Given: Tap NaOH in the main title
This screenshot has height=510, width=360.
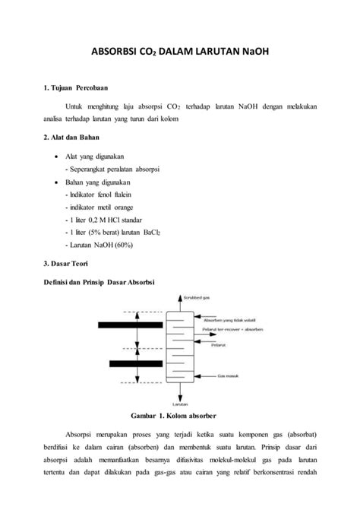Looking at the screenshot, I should [x=254, y=55].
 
